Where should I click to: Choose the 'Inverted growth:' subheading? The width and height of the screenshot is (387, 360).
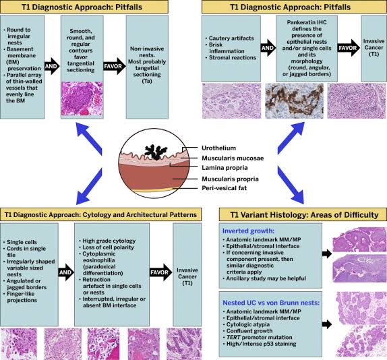tap(251, 229)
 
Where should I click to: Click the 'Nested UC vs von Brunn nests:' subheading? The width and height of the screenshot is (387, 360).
tap(271, 293)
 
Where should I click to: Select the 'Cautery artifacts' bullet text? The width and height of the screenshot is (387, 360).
tap(231, 39)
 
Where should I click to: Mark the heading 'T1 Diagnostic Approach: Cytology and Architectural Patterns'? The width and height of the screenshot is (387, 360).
tap(100, 214)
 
